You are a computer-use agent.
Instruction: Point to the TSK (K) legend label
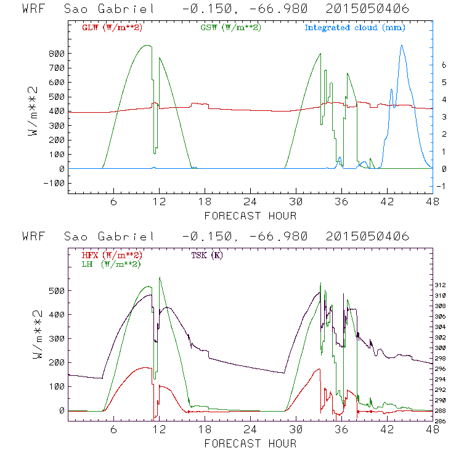[210, 255]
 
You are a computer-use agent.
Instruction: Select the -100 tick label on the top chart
[54, 183]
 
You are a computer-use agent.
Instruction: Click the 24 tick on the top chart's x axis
[250, 202]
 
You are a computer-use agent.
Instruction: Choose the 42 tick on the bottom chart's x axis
[386, 429]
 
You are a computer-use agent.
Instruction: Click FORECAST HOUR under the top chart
[250, 216]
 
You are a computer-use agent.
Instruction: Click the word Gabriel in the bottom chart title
[130, 237]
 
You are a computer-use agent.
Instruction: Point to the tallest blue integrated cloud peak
[402, 46]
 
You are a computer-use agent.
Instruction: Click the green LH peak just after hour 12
[160, 278]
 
